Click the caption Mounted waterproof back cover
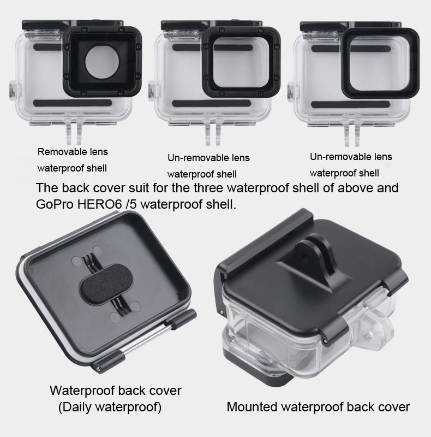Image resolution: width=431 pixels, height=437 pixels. click(318, 407)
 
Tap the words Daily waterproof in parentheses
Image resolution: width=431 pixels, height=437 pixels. click(110, 407)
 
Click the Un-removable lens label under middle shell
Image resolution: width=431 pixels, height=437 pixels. click(208, 158)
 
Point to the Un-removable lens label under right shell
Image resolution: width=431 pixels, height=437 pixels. click(351, 157)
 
